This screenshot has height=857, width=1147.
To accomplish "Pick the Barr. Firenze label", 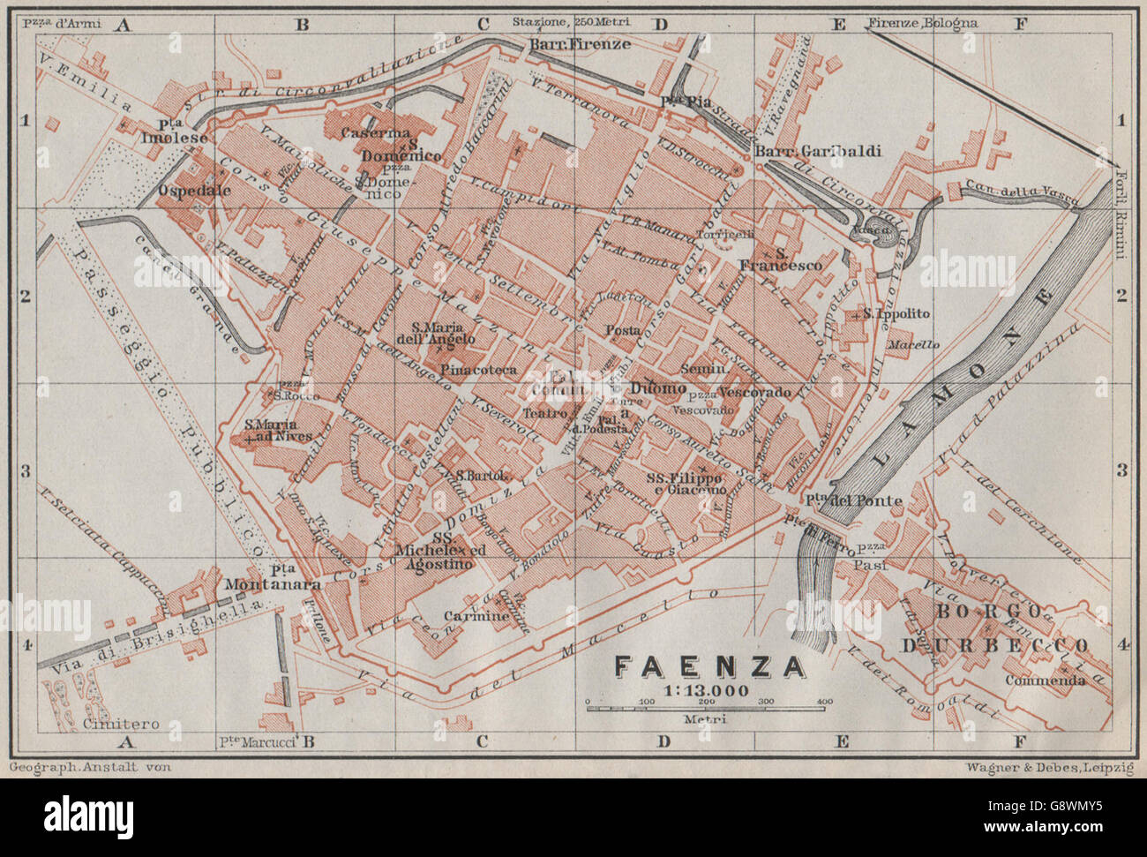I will pyautogui.click(x=580, y=44).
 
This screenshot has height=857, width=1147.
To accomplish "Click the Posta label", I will pyautogui.click(x=623, y=330).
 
